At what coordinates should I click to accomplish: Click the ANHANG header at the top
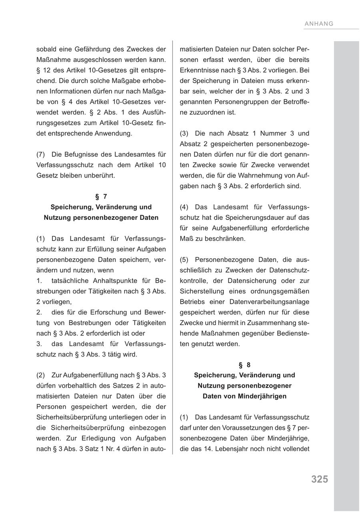pyautogui.click(x=319, y=24)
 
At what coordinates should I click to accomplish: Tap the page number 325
pyautogui.click(x=320, y=479)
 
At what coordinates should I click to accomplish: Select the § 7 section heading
pyautogui.click(x=101, y=197)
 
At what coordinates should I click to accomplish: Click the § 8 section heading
pyautogui.click(x=244, y=365)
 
